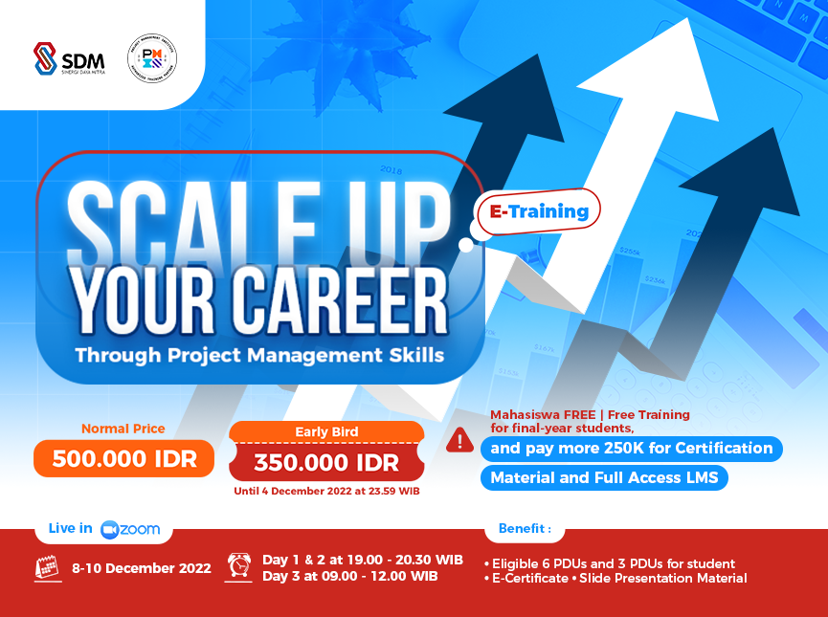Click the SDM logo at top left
(x=69, y=58)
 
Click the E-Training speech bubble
(x=539, y=211)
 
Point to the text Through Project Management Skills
(x=259, y=355)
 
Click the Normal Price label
(x=123, y=429)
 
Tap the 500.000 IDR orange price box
(x=124, y=458)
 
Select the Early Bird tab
(x=326, y=432)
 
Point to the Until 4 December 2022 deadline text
(x=326, y=492)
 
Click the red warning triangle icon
(x=459, y=440)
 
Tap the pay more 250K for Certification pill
(x=631, y=448)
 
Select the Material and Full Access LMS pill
(x=603, y=477)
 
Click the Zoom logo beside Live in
(x=131, y=529)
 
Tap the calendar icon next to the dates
(x=48, y=567)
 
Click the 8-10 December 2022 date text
(x=142, y=568)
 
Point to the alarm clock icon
(x=238, y=566)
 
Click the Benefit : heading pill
(x=525, y=528)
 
